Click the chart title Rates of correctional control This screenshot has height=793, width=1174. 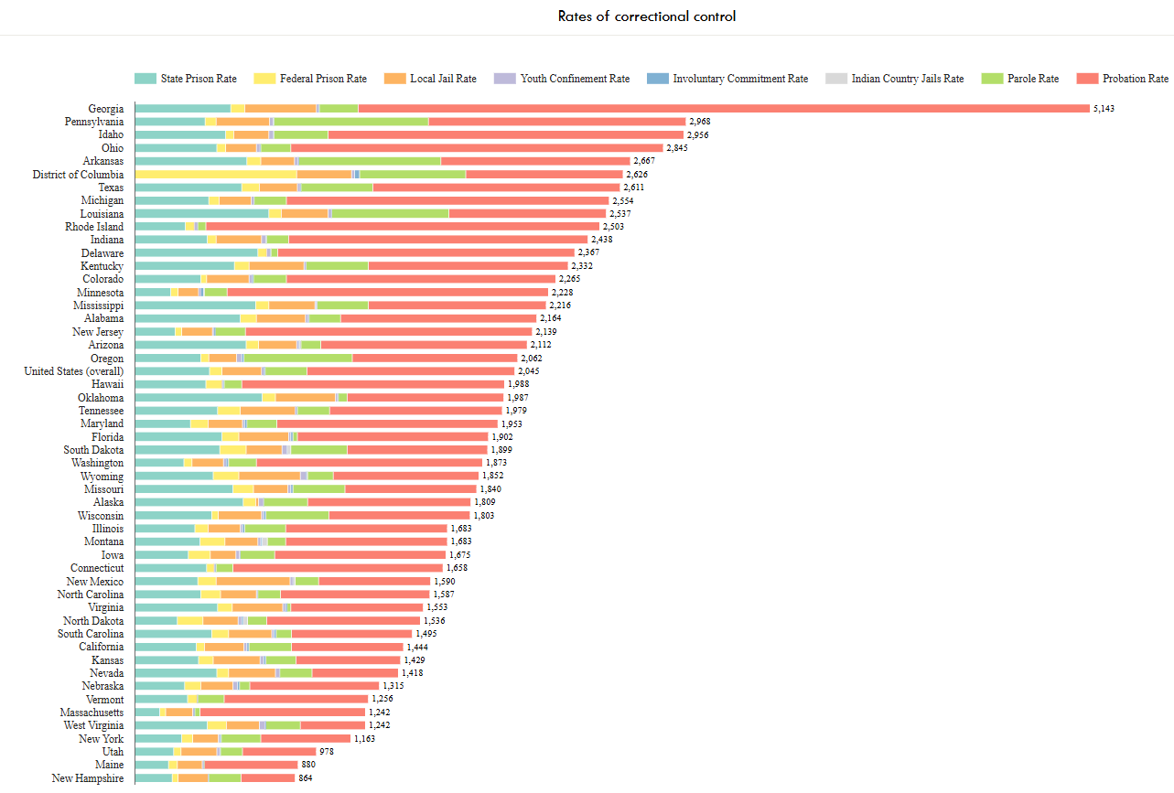[x=646, y=16]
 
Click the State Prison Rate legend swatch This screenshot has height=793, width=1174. [x=145, y=79]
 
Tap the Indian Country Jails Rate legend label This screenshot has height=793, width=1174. [x=907, y=79]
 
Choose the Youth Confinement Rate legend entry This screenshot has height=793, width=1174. [x=575, y=79]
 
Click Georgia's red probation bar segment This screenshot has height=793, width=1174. [x=723, y=108]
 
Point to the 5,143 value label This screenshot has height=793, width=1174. [x=1104, y=109]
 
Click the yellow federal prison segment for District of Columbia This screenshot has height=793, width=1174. [x=216, y=174]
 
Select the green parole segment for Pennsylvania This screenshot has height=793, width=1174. [x=350, y=122]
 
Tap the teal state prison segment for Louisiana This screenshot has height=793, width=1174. [x=201, y=213]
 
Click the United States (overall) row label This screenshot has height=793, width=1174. [x=74, y=371]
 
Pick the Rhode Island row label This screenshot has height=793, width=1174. [x=94, y=227]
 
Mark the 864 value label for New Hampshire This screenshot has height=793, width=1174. [x=306, y=778]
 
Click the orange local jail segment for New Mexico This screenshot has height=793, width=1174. [x=253, y=581]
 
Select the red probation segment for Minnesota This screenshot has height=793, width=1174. [x=387, y=292]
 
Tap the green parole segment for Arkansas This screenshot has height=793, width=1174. [x=370, y=161]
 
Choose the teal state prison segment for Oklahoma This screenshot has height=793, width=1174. [x=198, y=397]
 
